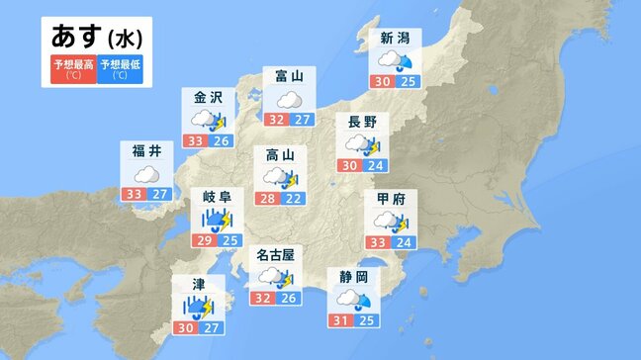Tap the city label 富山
click(x=289, y=77)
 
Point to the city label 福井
click(x=146, y=151)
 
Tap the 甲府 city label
click(x=392, y=199)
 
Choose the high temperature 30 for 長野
click(x=350, y=166)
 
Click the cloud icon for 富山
click(x=289, y=100)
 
